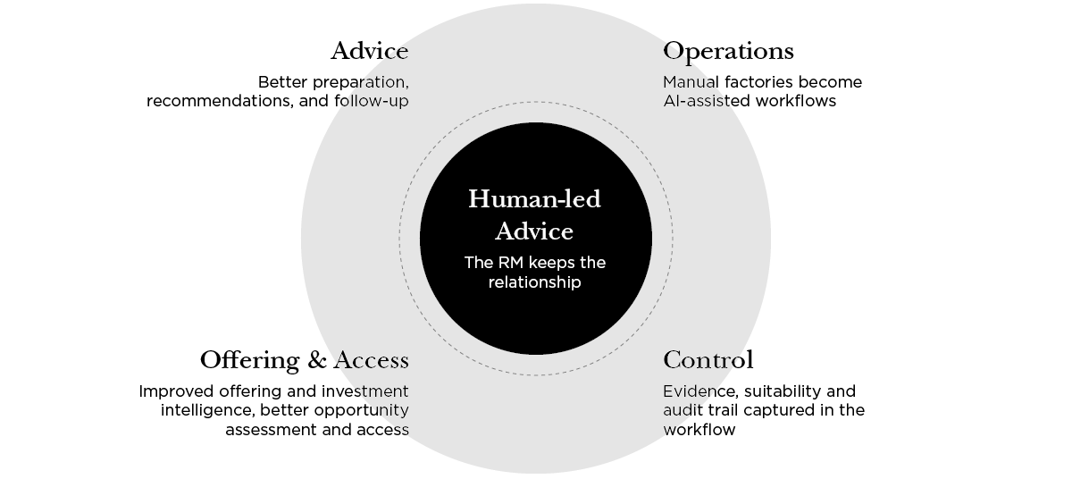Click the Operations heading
click(x=728, y=52)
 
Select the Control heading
click(x=708, y=360)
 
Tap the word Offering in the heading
click(x=250, y=361)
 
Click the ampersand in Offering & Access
click(x=317, y=360)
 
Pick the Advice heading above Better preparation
click(x=370, y=51)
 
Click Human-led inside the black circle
click(x=534, y=198)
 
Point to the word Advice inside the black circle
click(x=534, y=231)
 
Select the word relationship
click(x=534, y=282)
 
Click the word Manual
click(x=691, y=82)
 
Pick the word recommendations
click(x=220, y=101)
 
